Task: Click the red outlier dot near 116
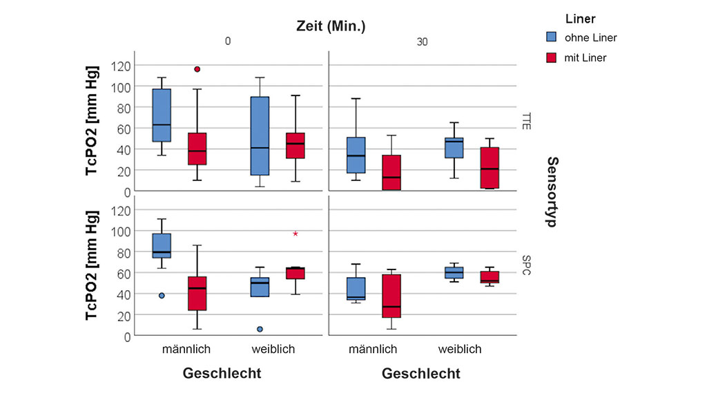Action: tap(197, 69)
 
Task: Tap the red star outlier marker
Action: tap(296, 234)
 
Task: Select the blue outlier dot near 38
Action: tap(162, 296)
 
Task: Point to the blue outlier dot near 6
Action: tap(260, 329)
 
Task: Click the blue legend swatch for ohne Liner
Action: tap(552, 37)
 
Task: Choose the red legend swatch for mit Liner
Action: tap(552, 57)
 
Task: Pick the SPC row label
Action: tap(526, 265)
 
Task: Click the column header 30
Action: tap(422, 42)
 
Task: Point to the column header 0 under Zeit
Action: tap(227, 41)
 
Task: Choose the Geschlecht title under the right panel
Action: tap(420, 374)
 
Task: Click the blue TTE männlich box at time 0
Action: tap(162, 115)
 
